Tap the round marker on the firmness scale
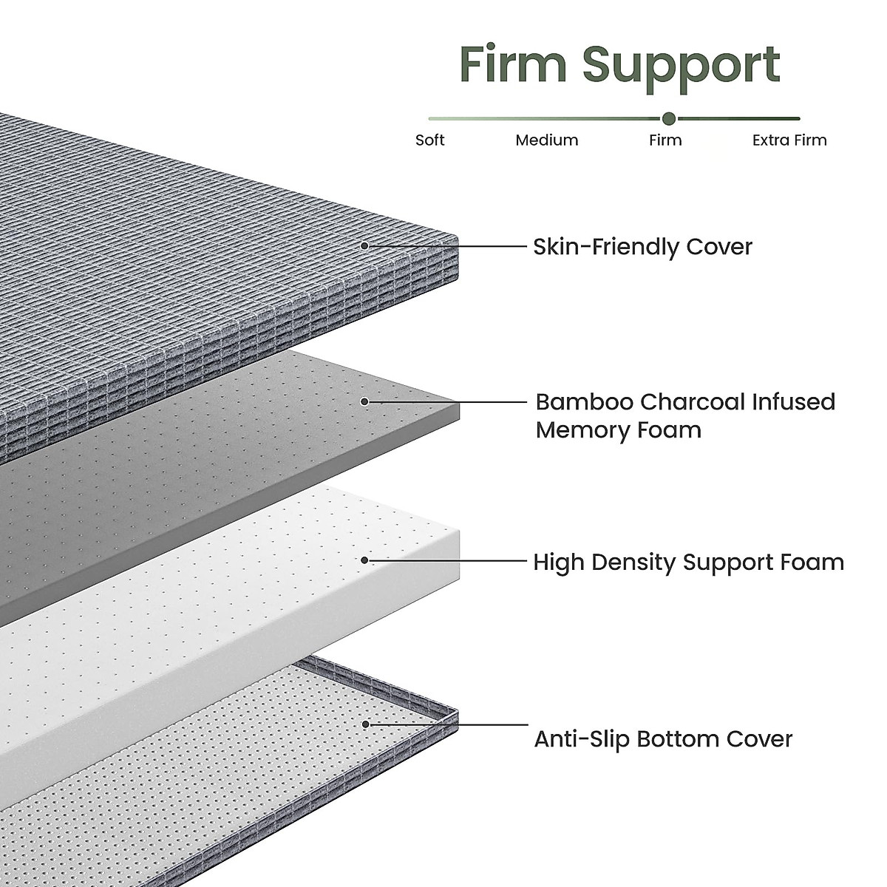point(669,118)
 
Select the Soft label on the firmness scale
point(429,140)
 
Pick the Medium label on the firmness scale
point(547,140)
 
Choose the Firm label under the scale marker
point(665,140)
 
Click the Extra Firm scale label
point(789,140)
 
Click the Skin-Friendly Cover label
point(642,246)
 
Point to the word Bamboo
point(584,401)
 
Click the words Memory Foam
point(618,429)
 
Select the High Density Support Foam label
point(688,562)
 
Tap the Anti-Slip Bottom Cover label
point(663,738)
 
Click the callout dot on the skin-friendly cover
point(364,245)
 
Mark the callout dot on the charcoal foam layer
point(364,401)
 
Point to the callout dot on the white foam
point(364,560)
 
